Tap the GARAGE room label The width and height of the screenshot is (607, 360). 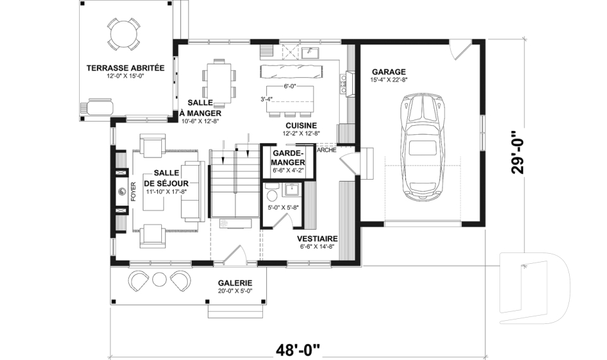[389, 71]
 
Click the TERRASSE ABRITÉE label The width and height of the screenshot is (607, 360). [125, 68]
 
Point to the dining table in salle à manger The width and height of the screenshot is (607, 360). [219, 82]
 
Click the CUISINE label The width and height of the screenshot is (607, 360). [301, 125]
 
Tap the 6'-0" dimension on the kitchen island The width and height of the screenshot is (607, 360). [290, 87]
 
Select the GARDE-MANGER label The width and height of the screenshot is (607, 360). [288, 158]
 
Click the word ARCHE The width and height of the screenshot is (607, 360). [327, 151]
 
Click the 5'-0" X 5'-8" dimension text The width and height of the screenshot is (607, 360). [284, 208]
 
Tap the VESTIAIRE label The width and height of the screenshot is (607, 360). [317, 239]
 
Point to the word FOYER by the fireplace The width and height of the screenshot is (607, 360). [133, 192]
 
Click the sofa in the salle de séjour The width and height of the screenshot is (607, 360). [193, 191]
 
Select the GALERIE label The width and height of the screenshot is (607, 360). [235, 283]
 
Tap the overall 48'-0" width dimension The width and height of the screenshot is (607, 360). [298, 350]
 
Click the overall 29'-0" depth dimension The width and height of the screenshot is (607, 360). [518, 153]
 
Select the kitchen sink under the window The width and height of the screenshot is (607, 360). [310, 53]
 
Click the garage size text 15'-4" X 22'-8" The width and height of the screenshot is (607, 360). [389, 80]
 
